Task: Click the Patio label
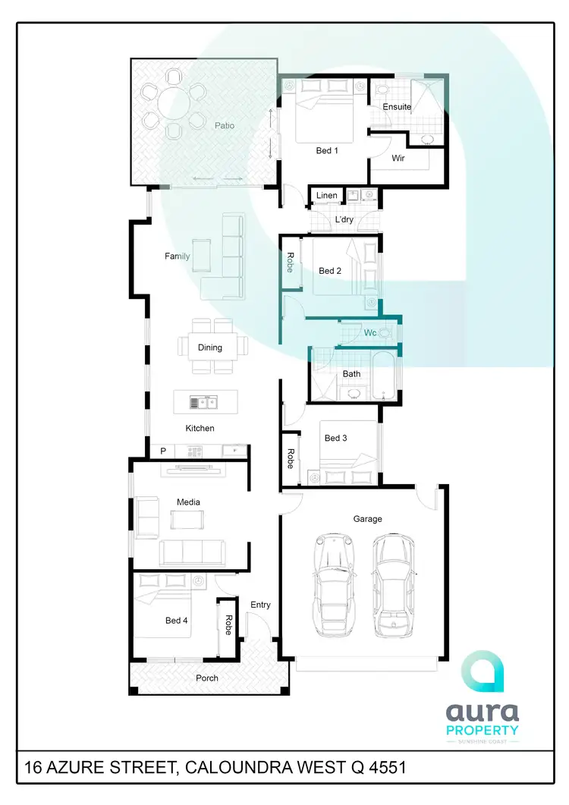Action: pyautogui.click(x=224, y=126)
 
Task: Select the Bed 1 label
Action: pyautogui.click(x=327, y=151)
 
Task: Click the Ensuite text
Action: pyautogui.click(x=397, y=107)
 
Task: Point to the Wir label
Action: pyautogui.click(x=398, y=159)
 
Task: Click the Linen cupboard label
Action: pyautogui.click(x=327, y=196)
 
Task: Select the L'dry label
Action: pyautogui.click(x=344, y=220)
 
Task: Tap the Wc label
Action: pyautogui.click(x=370, y=333)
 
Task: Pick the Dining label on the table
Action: pyautogui.click(x=210, y=347)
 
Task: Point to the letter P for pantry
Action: pyautogui.click(x=162, y=451)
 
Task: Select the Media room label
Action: pyautogui.click(x=187, y=502)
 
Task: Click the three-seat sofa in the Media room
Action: pyautogui.click(x=192, y=552)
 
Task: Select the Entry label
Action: pyautogui.click(x=260, y=605)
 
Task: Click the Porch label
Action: pyautogui.click(x=207, y=678)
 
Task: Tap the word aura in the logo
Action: pyautogui.click(x=482, y=712)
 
